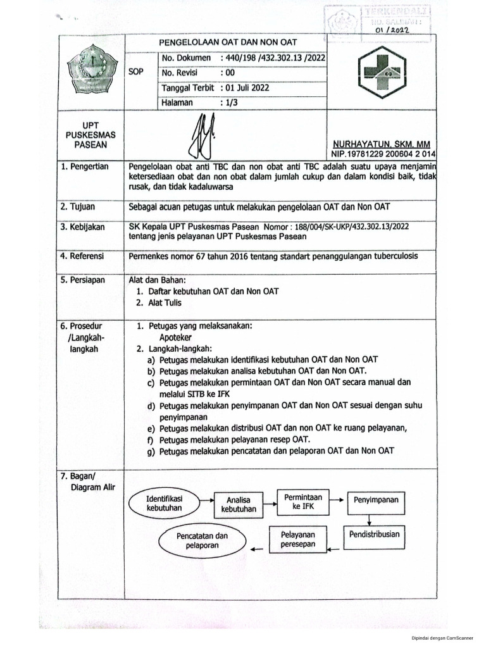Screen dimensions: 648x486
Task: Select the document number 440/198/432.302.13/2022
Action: tap(273, 58)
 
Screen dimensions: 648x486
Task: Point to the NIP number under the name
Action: tap(382, 154)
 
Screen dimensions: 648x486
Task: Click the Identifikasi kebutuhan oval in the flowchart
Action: tap(165, 502)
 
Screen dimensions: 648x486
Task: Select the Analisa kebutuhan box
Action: tap(239, 503)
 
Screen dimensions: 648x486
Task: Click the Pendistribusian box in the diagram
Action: tap(374, 534)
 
